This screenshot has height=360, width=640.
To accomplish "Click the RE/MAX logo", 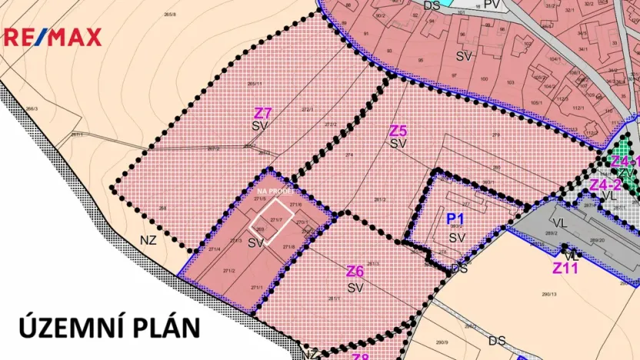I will [x=53, y=36].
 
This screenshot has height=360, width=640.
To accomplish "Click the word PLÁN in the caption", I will [x=166, y=327].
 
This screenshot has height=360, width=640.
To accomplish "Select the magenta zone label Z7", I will [x=263, y=112].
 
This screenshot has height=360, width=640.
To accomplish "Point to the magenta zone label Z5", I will [x=398, y=131].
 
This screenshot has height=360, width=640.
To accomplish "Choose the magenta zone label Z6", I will [x=355, y=272].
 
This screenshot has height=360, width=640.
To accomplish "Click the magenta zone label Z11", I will [x=565, y=268].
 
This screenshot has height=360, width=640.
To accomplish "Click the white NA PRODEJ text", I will [x=274, y=191].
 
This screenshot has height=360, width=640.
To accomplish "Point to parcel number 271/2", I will [x=228, y=271].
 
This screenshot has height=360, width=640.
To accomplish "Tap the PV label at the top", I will [x=493, y=5].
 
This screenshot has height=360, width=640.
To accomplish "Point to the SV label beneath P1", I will [x=457, y=238].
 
